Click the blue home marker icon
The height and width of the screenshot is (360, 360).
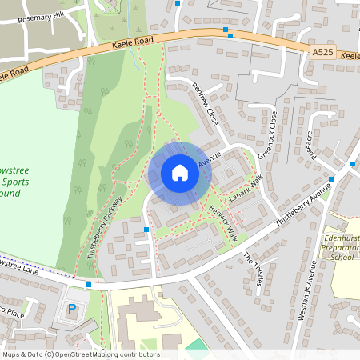coord(180,173)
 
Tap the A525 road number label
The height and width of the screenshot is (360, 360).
coord(322,52)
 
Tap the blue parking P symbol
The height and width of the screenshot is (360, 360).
coord(72,308)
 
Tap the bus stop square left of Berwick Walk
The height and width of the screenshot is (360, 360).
coord(146,230)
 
